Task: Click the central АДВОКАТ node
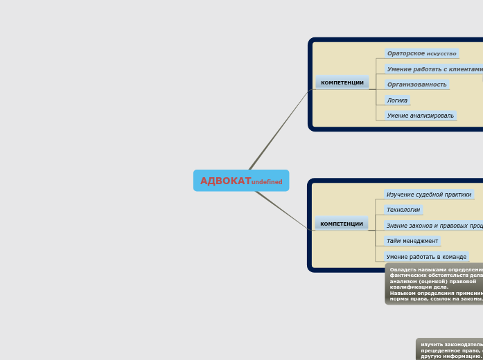click(226, 181)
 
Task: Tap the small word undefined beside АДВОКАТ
click(267, 182)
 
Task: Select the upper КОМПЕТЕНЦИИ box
click(342, 82)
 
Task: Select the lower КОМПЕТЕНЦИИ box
click(342, 224)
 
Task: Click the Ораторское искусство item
click(421, 53)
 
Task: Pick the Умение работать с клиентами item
click(434, 69)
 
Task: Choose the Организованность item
click(416, 84)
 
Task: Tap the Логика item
click(397, 100)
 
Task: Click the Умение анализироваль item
click(421, 116)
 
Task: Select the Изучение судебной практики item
click(428, 195)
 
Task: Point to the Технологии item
click(403, 210)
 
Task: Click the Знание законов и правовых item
click(434, 226)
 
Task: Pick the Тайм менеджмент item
click(412, 241)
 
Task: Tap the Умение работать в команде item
click(426, 257)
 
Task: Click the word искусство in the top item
click(441, 54)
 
